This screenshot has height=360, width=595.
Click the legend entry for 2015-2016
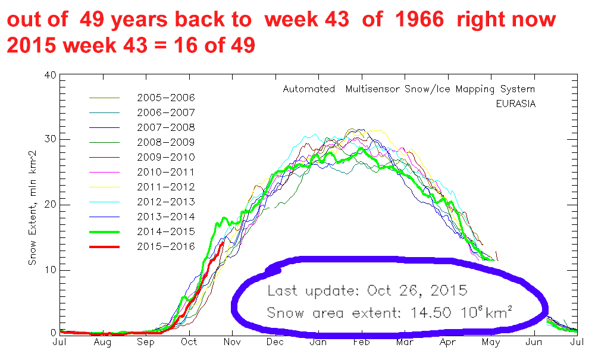click(x=166, y=246)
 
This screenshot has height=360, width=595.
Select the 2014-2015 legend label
click(x=166, y=232)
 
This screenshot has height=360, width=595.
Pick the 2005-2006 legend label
click(x=166, y=98)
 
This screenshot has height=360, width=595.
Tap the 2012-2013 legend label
click(x=166, y=202)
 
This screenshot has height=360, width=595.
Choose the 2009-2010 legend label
click(x=166, y=157)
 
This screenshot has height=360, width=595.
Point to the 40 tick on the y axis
click(x=50, y=75)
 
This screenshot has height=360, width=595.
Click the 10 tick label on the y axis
click(x=50, y=270)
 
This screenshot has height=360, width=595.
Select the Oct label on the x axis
click(x=189, y=342)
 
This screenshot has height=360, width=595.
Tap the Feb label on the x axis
click(x=361, y=342)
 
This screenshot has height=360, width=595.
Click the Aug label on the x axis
click(x=102, y=343)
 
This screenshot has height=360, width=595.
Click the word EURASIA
click(x=516, y=104)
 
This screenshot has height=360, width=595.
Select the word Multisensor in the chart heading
click(x=372, y=89)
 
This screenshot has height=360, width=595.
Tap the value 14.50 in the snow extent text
click(x=431, y=313)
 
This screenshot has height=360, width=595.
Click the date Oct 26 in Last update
click(x=395, y=291)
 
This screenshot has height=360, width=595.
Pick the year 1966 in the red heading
click(x=419, y=19)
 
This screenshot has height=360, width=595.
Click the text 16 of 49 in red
click(x=214, y=46)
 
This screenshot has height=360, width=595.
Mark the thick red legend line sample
click(x=104, y=247)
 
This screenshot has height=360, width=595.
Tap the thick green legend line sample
click(x=104, y=232)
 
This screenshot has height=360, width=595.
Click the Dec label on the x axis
click(x=275, y=342)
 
